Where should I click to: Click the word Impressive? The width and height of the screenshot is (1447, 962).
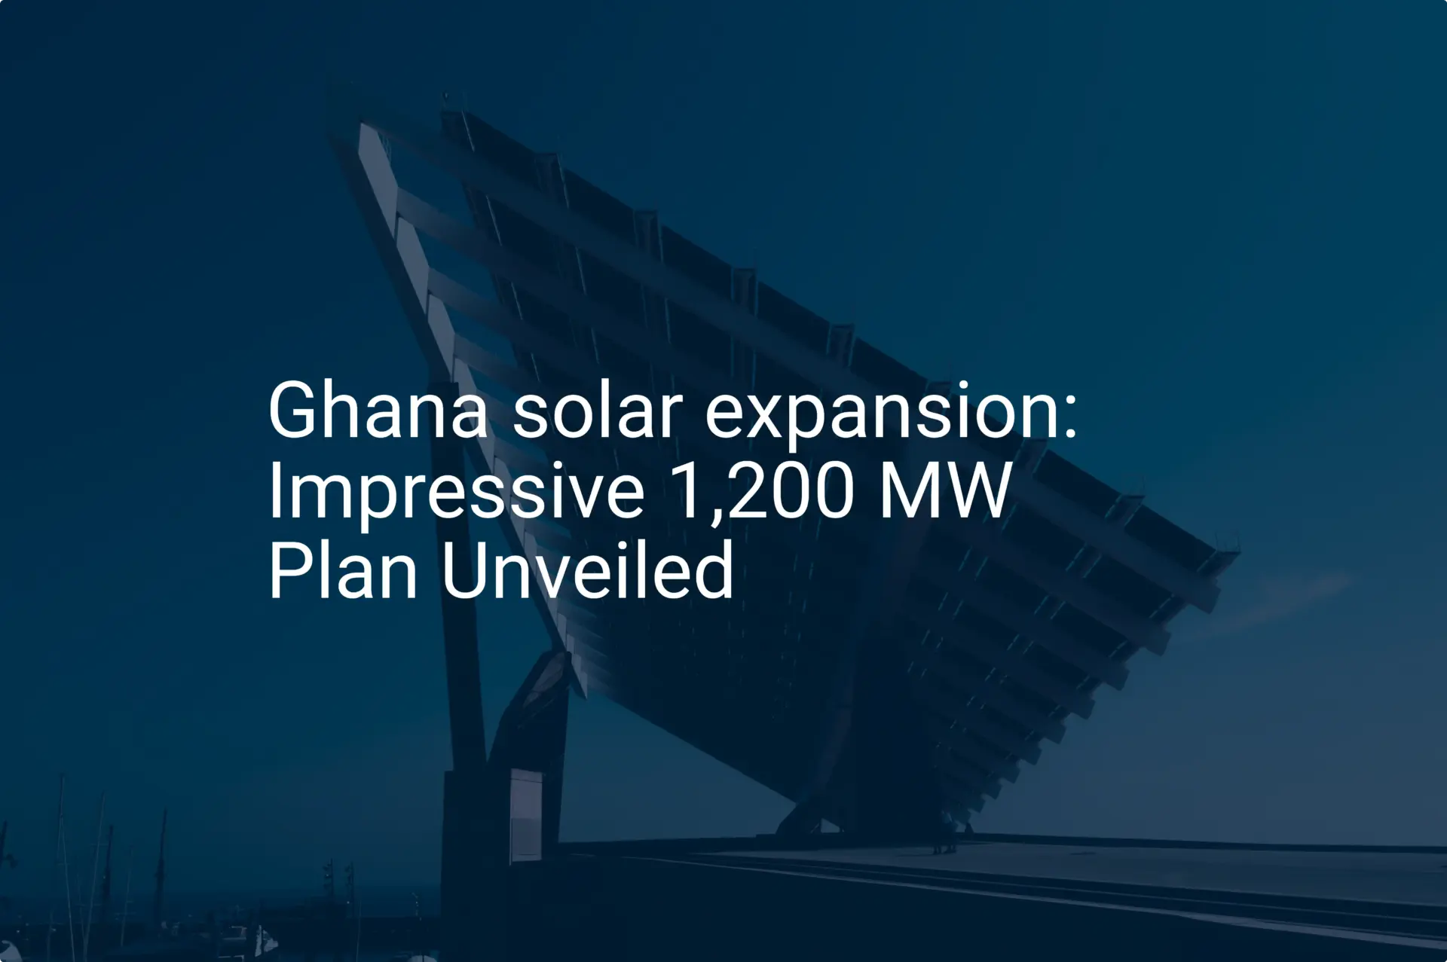(457, 493)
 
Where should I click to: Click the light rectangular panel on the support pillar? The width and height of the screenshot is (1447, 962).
(525, 814)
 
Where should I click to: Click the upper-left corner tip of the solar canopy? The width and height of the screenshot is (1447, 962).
(360, 125)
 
